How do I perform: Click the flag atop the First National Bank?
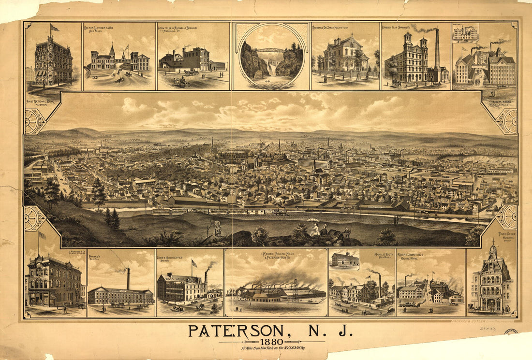pos(54,28)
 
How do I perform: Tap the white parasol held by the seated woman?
pos(313,221)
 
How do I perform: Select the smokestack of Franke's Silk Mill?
pos(128,278)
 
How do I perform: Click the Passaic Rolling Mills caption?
pos(276,256)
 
